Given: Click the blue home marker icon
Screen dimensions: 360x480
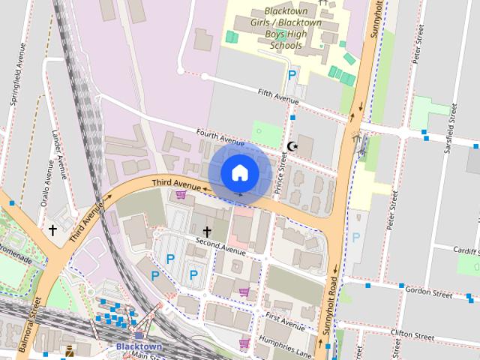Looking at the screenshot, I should [x=239, y=172].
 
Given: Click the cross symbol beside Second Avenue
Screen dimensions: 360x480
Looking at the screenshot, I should [x=206, y=232].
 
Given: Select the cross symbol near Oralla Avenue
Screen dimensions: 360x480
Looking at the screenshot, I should [x=52, y=229].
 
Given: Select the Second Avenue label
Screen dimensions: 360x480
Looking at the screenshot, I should [x=221, y=245].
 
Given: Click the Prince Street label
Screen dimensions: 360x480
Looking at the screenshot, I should [x=281, y=173].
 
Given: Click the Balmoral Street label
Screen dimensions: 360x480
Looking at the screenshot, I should [x=37, y=322].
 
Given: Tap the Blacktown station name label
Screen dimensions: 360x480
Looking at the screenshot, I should [x=139, y=346].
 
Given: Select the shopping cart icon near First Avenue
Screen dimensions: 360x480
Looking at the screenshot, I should [x=244, y=292].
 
